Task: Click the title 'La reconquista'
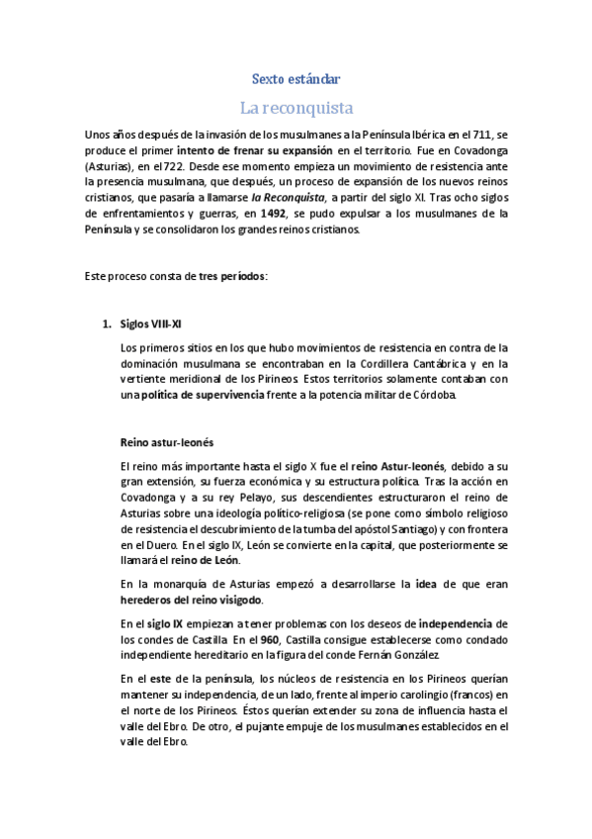coord(296,107)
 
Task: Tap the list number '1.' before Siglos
coord(110,324)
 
